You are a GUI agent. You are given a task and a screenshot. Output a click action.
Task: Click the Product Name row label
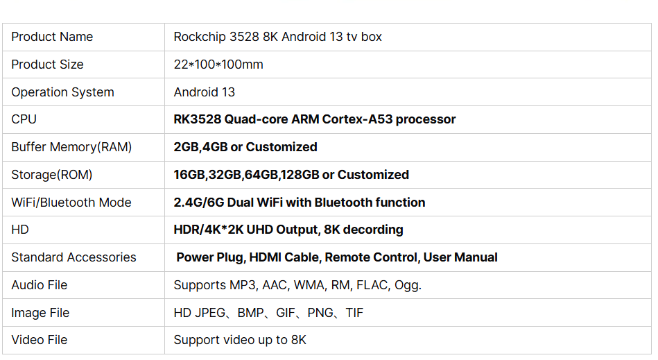point(52,37)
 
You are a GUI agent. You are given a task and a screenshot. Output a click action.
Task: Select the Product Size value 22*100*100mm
point(218,65)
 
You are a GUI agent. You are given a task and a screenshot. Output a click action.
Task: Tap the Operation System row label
point(62,92)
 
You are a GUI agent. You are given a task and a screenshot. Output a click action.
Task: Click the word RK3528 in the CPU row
point(197,119)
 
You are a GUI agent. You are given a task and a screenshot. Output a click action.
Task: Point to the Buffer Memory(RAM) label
point(71,147)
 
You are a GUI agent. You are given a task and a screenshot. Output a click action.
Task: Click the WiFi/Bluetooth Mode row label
point(71,203)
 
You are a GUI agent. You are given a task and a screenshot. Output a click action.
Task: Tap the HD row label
point(20,230)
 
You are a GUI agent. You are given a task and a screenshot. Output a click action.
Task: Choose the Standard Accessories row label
point(73,257)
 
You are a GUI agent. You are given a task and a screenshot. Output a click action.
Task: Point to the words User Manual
point(460,257)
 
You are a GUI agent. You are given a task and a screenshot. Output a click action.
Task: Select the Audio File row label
point(40,285)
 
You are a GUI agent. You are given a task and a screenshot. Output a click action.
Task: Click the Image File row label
point(40,313)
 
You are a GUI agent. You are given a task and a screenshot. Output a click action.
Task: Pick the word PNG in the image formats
point(320,313)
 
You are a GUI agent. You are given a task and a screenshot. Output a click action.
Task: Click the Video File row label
point(40,340)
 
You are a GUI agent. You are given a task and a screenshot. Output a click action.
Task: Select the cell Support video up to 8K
point(240,340)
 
